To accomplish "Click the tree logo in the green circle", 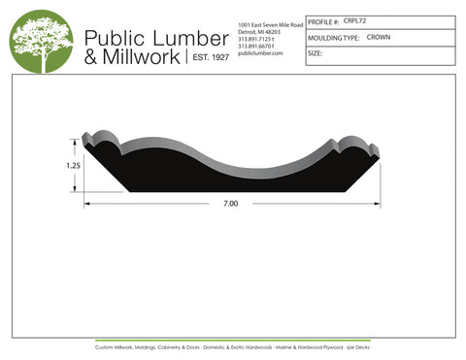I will [41, 44].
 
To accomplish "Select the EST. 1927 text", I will [207, 58].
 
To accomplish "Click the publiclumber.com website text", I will [259, 53].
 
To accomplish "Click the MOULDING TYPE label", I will [333, 37].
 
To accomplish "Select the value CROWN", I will [379, 36].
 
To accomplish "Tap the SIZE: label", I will [315, 53].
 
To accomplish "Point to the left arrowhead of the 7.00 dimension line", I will [87, 205].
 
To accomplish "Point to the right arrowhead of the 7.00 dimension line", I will [377, 205].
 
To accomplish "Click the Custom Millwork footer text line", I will [233, 346].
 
